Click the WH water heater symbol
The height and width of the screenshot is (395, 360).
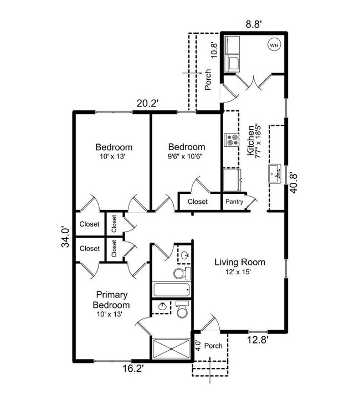click(x=274, y=44)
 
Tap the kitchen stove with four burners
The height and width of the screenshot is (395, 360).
click(x=231, y=141)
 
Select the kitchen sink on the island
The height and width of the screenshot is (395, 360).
click(x=275, y=174)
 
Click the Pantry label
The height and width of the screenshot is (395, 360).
click(x=234, y=202)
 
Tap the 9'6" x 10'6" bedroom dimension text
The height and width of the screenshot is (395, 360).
click(x=186, y=156)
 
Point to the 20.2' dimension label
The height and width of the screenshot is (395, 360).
click(x=148, y=103)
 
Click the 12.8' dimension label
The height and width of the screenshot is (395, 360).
click(x=259, y=341)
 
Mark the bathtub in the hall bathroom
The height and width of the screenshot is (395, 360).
click(x=171, y=290)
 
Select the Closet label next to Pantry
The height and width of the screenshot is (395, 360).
click(x=198, y=202)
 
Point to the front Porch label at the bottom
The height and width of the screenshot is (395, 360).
click(x=214, y=346)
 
